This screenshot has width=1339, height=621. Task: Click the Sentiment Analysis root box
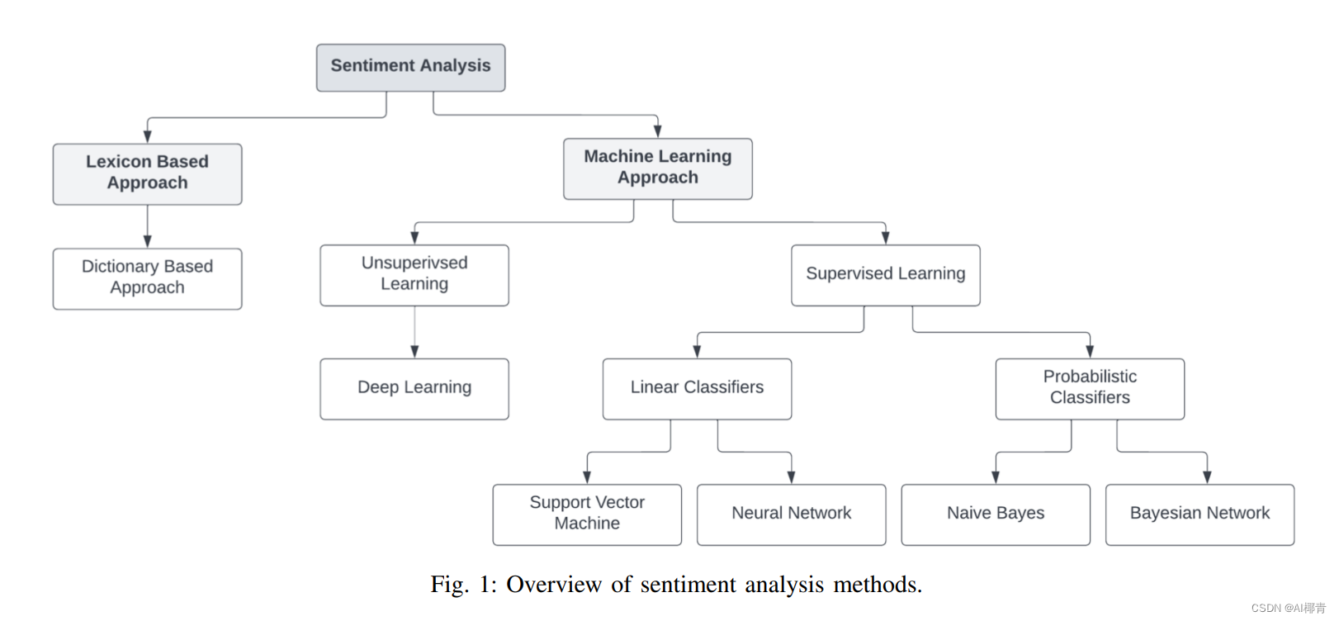[x=410, y=67]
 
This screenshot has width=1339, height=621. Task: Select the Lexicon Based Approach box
[x=147, y=173]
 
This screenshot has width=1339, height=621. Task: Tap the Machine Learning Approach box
[x=657, y=168]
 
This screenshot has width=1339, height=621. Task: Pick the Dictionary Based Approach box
[x=147, y=278]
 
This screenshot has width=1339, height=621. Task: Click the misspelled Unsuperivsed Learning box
[x=414, y=274]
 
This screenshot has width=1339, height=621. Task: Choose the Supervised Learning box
[x=885, y=274]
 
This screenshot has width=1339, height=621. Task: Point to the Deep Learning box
[x=414, y=388]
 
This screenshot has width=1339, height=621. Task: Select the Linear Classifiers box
[x=697, y=388]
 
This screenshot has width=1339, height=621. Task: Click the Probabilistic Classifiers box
[x=1090, y=388]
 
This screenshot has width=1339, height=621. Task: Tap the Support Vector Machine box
[x=587, y=514]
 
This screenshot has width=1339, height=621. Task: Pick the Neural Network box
[x=791, y=514]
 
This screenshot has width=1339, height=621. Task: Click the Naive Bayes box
[x=996, y=514]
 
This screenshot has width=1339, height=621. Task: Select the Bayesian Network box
[x=1199, y=514]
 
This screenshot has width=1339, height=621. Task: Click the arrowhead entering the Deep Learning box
[x=414, y=352]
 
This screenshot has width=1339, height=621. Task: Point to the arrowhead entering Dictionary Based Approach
[x=148, y=241]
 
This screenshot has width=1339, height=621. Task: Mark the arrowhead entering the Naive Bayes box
[x=996, y=477]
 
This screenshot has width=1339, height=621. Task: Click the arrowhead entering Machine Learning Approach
[x=658, y=131]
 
